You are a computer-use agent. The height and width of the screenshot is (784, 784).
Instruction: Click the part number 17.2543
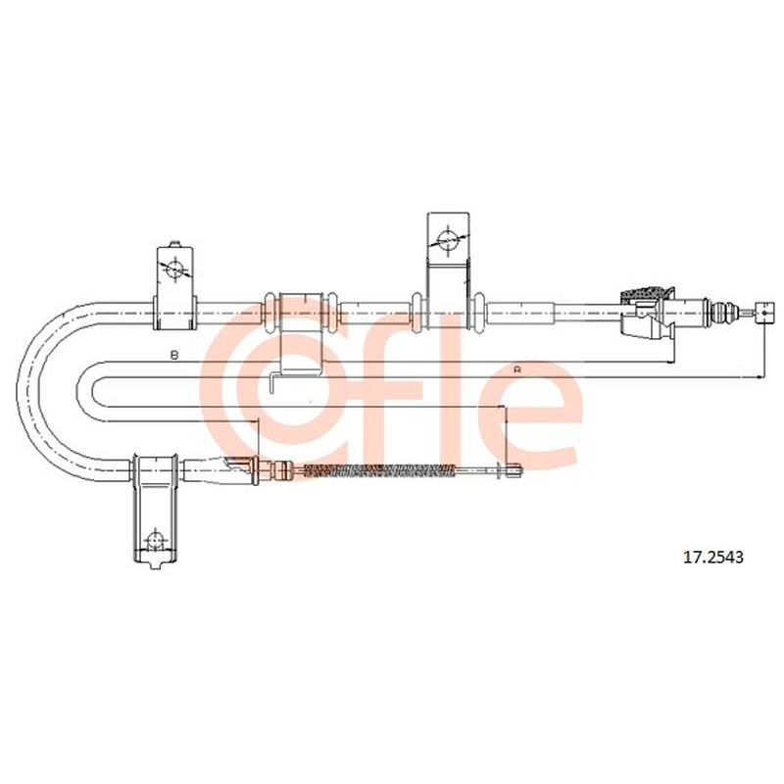coord(713,557)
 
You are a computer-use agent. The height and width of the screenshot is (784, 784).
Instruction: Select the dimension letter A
coord(517,369)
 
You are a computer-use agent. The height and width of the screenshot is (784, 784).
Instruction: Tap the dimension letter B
coord(174,355)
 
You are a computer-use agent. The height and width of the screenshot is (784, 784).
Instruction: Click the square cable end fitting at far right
coord(765,313)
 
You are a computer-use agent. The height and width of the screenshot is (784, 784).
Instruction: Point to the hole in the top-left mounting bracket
coord(174,269)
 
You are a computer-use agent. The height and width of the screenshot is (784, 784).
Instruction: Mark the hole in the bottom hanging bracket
coord(155,541)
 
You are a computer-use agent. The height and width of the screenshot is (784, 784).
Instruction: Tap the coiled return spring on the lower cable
coord(380,470)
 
